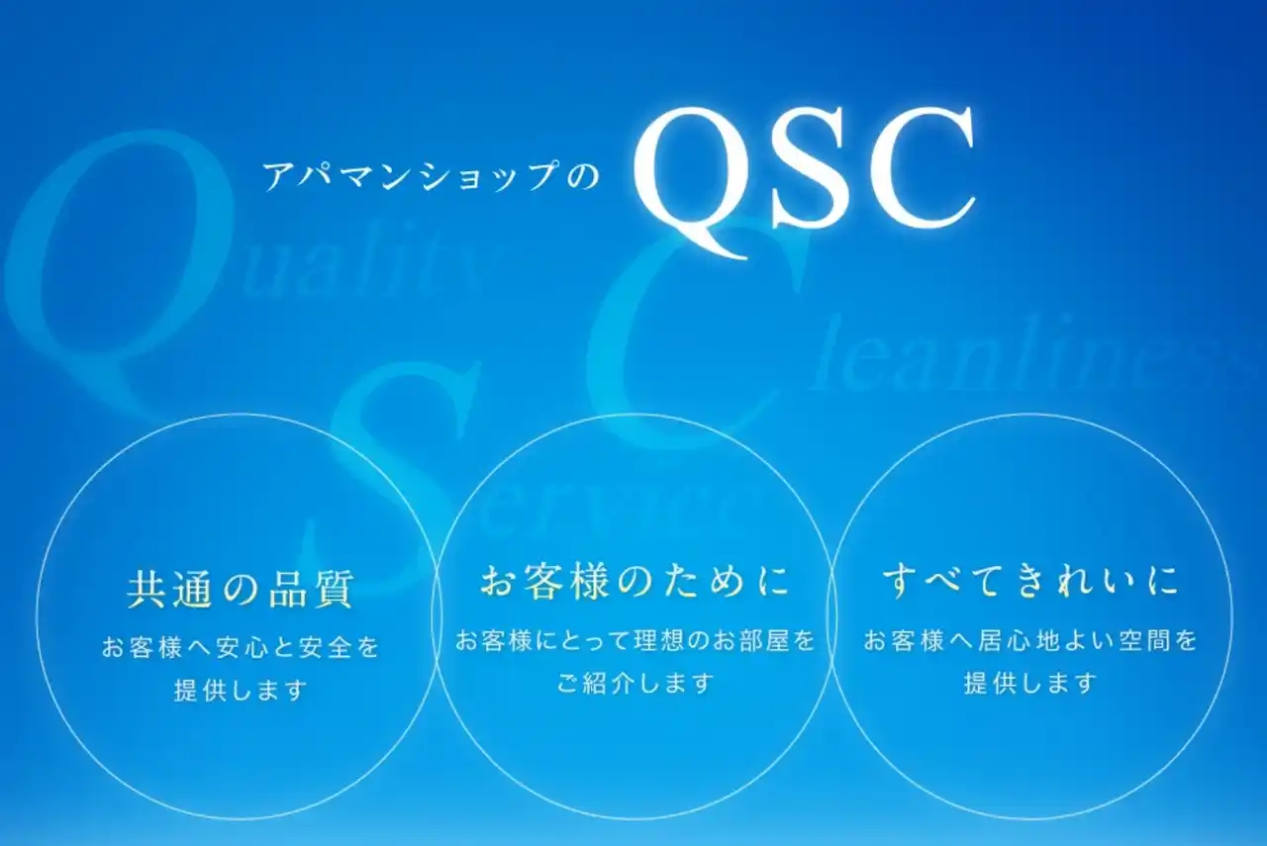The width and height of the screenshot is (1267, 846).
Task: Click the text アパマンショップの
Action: [x=432, y=178]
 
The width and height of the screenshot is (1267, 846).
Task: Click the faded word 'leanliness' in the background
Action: [x=1029, y=362]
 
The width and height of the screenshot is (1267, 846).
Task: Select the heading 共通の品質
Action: [x=241, y=588]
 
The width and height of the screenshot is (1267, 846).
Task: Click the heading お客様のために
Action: [x=635, y=581]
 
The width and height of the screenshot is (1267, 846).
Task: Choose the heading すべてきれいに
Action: [x=1031, y=581]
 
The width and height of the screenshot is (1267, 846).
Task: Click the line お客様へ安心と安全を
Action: [x=241, y=648]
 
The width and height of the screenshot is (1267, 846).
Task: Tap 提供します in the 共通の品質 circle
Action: [x=241, y=690]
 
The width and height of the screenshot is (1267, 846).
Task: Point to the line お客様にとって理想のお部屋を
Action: [x=635, y=640]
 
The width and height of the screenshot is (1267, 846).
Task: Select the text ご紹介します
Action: [x=635, y=683]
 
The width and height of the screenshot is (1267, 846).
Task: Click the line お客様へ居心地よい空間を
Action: [x=1031, y=640]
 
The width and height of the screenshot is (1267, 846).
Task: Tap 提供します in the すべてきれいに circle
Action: [x=1031, y=683]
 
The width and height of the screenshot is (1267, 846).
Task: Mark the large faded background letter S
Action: [x=396, y=465]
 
